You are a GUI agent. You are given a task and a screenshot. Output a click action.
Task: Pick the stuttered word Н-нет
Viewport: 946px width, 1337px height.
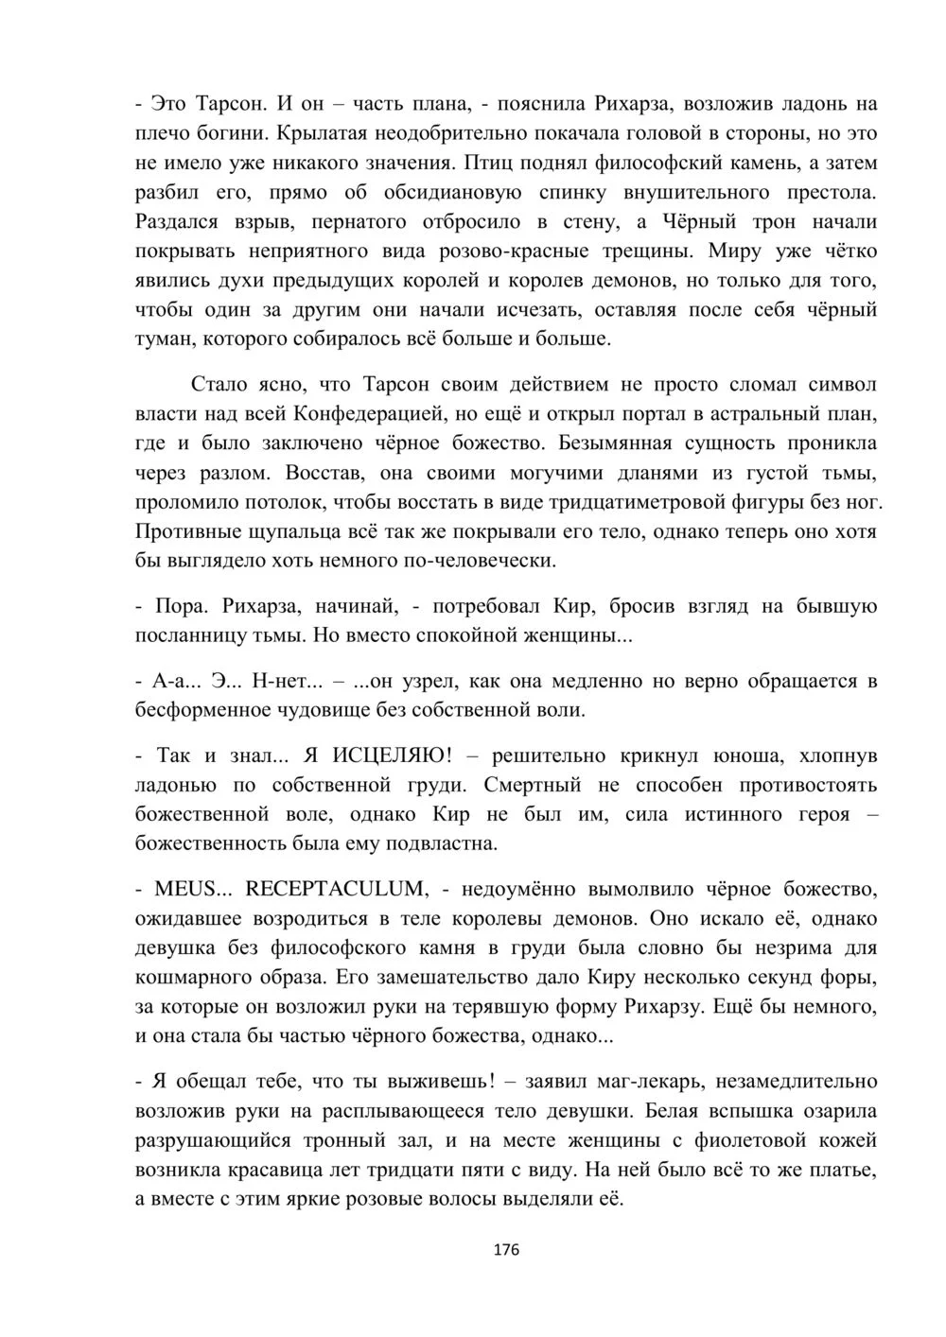278,681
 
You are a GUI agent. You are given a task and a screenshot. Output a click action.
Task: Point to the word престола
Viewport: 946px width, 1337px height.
824,193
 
